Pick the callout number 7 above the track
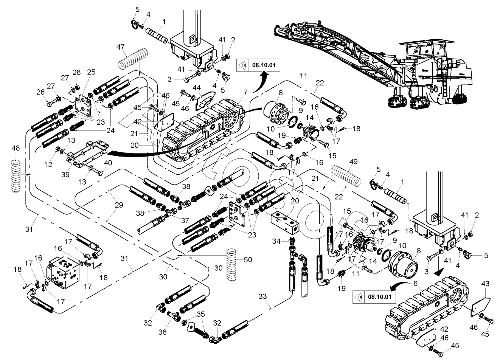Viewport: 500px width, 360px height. coord(245,92)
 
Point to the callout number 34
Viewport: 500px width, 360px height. coord(277,241)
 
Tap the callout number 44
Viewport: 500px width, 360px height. coord(197,88)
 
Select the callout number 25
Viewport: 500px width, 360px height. coord(91,71)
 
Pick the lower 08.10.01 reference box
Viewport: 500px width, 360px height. coord(374,297)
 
